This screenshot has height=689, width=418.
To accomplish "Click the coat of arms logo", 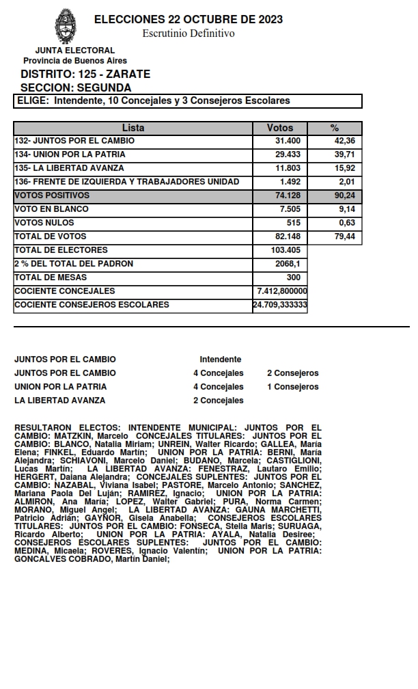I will coord(66,26).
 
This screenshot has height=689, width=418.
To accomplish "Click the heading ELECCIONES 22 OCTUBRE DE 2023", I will coord(189,20).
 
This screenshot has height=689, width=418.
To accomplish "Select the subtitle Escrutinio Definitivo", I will coord(189,33).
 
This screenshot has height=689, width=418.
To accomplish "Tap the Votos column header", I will coord(280,128).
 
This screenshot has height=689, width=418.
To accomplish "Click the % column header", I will coord(335,128).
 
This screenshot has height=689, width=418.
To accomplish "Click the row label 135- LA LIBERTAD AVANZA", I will coord(70,168).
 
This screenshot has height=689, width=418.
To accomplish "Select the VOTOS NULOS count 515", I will coord(294,223).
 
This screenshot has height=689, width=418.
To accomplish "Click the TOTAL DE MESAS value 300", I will coord(293,278).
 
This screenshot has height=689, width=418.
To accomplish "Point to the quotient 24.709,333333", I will coord(280,305).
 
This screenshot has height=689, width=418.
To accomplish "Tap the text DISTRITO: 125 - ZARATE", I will coord(85,75).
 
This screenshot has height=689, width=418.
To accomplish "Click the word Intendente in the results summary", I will coord(220,360).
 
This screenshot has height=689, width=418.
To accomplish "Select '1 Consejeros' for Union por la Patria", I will coord(292,387).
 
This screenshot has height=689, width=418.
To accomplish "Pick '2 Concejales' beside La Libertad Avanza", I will coord(218,401).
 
